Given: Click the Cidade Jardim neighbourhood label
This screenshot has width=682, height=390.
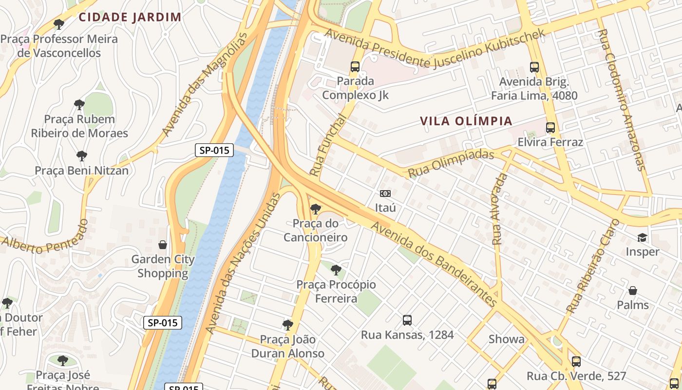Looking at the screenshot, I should click(x=130, y=17).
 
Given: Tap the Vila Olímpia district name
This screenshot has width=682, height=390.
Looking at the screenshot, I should click(x=466, y=121).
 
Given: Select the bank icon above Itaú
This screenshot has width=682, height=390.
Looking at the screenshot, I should click(x=385, y=194).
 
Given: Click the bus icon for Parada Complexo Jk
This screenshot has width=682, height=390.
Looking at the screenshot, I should click(x=355, y=67).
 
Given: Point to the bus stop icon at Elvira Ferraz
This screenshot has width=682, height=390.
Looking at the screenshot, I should click(x=550, y=128).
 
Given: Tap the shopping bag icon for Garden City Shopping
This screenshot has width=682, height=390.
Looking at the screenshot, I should click(x=163, y=244).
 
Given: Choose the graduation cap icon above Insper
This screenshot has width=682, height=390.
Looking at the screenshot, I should click(x=642, y=237).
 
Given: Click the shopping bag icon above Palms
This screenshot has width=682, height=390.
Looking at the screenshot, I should click(x=633, y=291).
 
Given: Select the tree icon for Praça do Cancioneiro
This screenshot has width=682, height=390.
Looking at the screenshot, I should click(x=316, y=209).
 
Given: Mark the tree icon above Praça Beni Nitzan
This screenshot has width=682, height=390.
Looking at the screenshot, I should click(x=82, y=156).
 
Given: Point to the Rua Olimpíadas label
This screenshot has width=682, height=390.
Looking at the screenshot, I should click(x=451, y=164).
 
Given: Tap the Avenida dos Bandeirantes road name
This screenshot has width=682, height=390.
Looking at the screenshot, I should click(x=434, y=264).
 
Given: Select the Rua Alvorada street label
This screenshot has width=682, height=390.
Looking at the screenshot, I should click(x=499, y=209).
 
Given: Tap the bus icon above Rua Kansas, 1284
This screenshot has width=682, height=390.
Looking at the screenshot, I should click(x=407, y=320).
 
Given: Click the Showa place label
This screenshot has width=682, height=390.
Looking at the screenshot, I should click(x=507, y=339).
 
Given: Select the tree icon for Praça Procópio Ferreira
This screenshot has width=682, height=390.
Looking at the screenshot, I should click(x=336, y=270).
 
